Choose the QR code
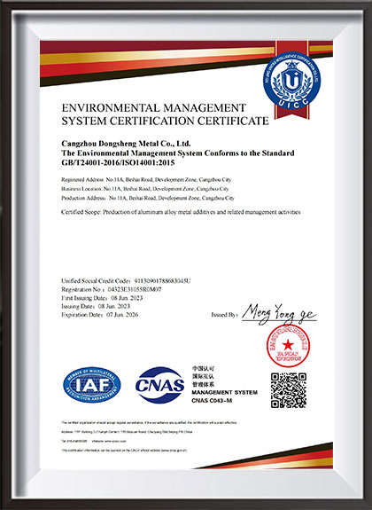[x=288, y=390]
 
